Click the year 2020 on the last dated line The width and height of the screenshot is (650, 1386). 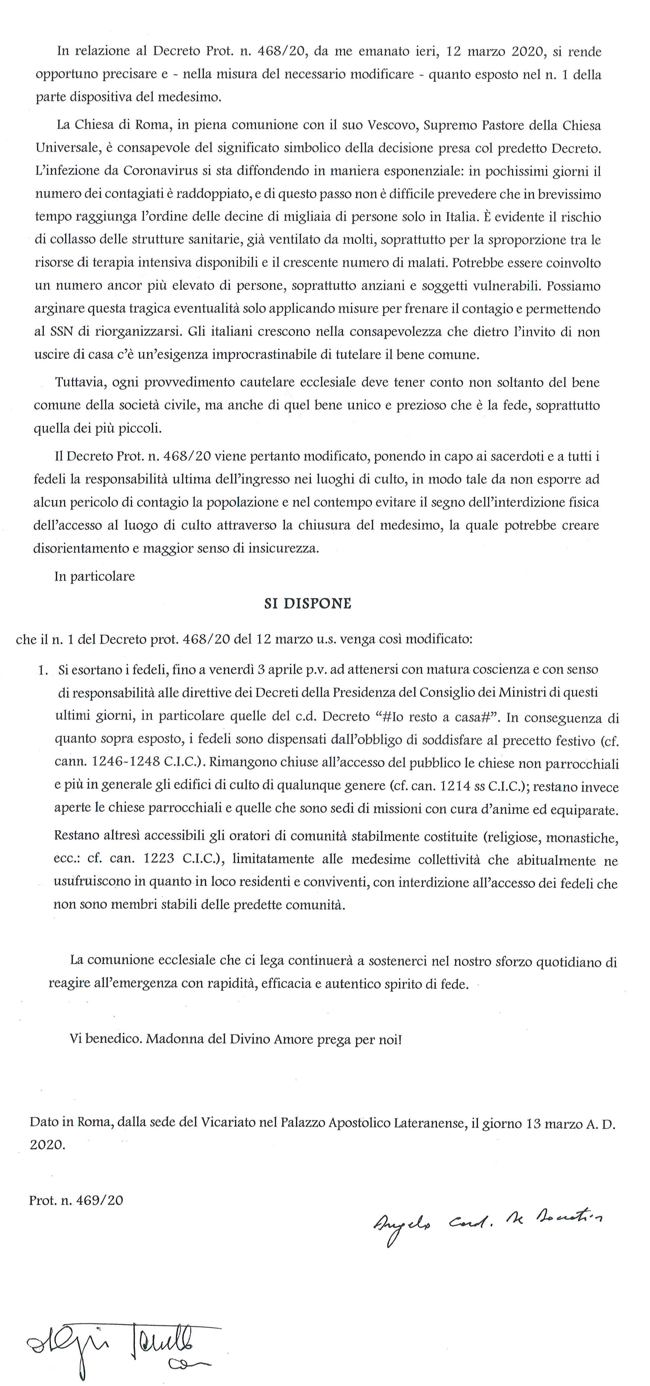[47, 1145]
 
